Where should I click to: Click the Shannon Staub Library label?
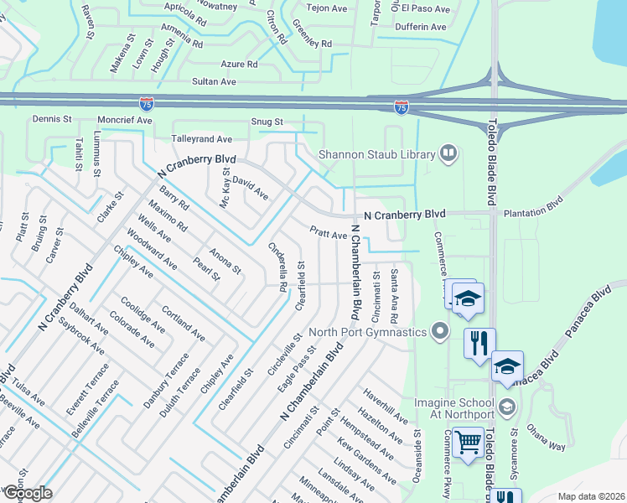point(376,154)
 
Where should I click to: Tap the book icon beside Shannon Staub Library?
point(448,153)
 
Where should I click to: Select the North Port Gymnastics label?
point(369,331)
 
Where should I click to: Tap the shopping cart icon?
point(469,441)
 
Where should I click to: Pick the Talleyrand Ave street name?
point(201,139)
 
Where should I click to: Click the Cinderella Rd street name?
point(278,266)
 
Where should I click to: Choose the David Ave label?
point(250,187)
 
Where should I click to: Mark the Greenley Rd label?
point(312,43)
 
